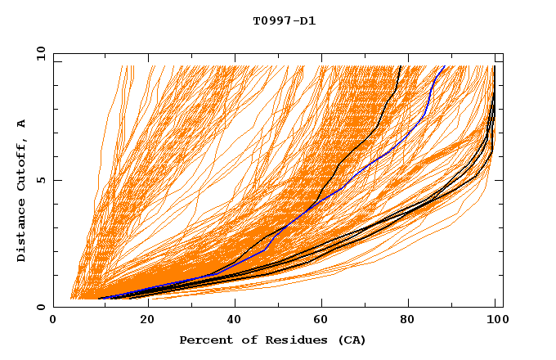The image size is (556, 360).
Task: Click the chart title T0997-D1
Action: (x=284, y=20)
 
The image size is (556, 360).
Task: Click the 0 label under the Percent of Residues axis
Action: (x=53, y=322)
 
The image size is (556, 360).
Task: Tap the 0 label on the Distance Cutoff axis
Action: (x=41, y=307)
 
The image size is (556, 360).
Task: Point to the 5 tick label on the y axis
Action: (x=41, y=180)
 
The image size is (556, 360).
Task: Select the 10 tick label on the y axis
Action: (x=38, y=53)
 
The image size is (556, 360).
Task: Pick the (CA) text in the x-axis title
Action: (x=352, y=340)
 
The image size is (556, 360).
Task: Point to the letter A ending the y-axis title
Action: (x=22, y=124)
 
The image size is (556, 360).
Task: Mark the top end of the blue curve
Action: (x=444, y=66)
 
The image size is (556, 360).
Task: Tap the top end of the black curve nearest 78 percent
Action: (x=400, y=66)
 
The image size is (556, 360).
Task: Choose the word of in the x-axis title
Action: (x=244, y=340)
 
